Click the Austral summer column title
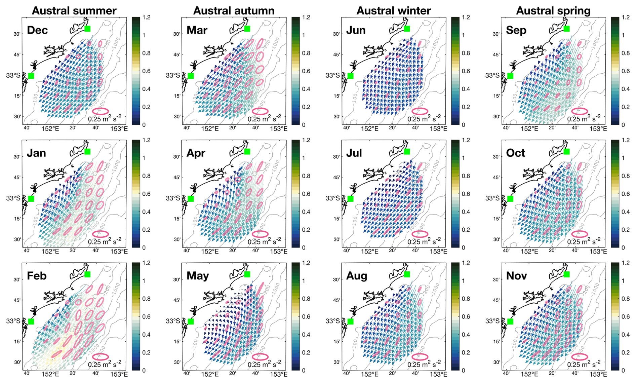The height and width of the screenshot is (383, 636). point(74,11)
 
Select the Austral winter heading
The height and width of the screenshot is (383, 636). point(393,11)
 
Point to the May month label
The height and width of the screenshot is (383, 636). point(198,276)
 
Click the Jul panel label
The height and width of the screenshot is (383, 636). point(354,153)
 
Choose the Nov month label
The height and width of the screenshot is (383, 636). point(516,276)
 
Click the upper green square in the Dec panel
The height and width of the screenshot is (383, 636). point(88,29)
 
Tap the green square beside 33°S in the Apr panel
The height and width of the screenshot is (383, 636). point(191,199)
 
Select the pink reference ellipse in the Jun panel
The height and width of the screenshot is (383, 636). point(420,111)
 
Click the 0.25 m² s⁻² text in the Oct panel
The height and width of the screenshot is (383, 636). point(584,241)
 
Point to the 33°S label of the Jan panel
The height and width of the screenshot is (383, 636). point(13,198)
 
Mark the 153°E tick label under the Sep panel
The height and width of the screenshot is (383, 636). point(598,129)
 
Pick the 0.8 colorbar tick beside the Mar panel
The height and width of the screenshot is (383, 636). point(306,53)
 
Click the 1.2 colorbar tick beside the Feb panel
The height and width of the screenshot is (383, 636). point(146,263)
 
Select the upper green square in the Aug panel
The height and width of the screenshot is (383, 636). point(407,274)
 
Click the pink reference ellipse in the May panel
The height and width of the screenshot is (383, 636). point(260,357)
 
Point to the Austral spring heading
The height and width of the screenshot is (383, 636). point(553,11)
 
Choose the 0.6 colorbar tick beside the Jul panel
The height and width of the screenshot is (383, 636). point(466,194)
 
